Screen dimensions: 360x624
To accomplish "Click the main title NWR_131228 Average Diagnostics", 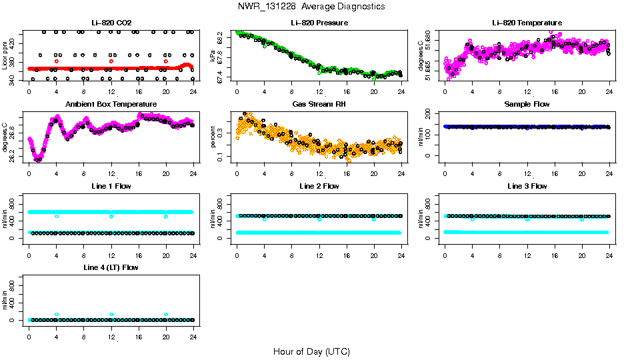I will click(x=311, y=6).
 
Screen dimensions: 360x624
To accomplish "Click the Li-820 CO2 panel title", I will click(x=111, y=23).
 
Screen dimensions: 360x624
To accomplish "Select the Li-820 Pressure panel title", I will click(x=319, y=23).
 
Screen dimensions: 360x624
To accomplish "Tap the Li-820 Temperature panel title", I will click(x=527, y=23).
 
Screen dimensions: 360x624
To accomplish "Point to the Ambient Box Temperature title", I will click(x=111, y=105).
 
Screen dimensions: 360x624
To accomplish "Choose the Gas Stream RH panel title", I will click(x=319, y=105).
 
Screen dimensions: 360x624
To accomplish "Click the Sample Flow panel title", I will click(x=527, y=105).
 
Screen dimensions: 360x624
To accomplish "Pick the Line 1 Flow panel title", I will click(x=111, y=186).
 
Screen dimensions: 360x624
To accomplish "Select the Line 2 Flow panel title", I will click(x=319, y=186).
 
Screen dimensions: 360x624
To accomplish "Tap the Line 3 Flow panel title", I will click(x=527, y=186).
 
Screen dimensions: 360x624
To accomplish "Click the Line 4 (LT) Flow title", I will click(x=111, y=267).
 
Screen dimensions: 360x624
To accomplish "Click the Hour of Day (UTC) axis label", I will click(x=311, y=351).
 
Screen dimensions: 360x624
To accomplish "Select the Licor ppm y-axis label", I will click(x=5, y=55).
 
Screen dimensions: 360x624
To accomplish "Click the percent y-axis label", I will click(x=213, y=137).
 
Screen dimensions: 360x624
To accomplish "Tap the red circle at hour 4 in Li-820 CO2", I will click(x=57, y=61).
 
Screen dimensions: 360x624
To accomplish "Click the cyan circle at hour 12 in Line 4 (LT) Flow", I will click(x=111, y=314).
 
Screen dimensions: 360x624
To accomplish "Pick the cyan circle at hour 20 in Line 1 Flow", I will click(x=166, y=217).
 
